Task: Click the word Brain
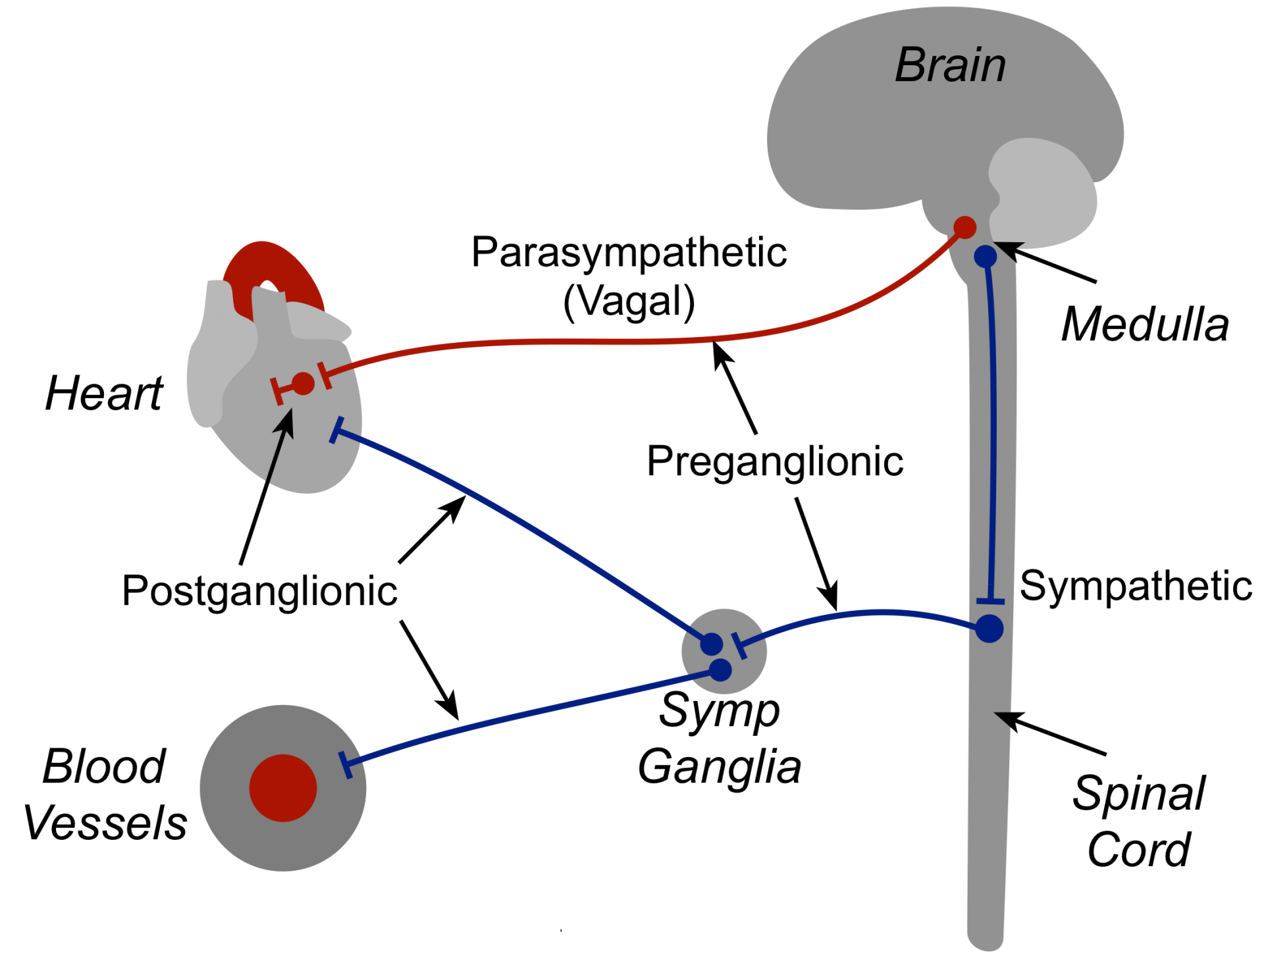click(950, 66)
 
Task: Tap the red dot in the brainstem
click(964, 228)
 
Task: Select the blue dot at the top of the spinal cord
click(986, 256)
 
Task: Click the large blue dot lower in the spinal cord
click(989, 629)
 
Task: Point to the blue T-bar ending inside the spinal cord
click(991, 601)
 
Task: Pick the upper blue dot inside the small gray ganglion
click(712, 644)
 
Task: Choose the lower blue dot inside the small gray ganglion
click(721, 670)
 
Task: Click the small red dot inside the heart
click(303, 384)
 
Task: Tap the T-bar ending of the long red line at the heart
click(325, 375)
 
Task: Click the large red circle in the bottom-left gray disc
click(283, 788)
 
